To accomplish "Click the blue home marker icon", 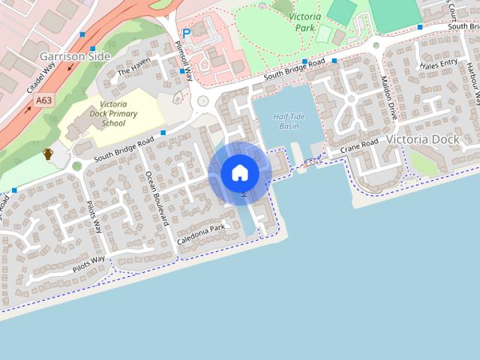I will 240,173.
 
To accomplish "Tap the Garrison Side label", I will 75,56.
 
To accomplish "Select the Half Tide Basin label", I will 290,121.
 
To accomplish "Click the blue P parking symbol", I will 186,33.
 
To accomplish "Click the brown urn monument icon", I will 48,154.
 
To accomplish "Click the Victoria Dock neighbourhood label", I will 422,139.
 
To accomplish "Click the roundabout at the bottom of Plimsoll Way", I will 202,100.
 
